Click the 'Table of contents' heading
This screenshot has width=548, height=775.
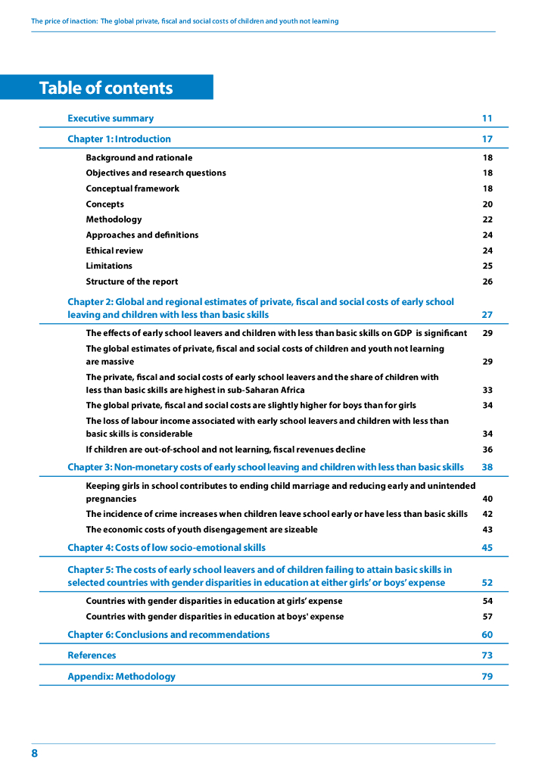click(x=106, y=88)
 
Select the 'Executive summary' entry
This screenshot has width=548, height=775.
click(x=111, y=118)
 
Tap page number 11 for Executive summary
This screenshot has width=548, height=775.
click(x=487, y=118)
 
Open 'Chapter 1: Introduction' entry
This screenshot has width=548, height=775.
click(x=119, y=139)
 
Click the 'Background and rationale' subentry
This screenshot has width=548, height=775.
click(x=139, y=157)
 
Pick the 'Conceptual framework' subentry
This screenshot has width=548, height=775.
click(x=132, y=188)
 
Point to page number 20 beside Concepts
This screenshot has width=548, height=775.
click(x=487, y=204)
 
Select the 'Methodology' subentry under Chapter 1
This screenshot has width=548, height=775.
click(x=114, y=219)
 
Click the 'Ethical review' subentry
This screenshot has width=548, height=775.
click(x=114, y=251)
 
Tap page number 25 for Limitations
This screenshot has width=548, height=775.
click(x=487, y=266)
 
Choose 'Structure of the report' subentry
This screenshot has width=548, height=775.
click(x=132, y=282)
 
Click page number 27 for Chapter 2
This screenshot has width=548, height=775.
click(x=487, y=315)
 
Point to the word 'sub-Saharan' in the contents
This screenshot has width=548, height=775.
click(x=251, y=390)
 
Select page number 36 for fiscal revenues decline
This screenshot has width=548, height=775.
click(x=487, y=449)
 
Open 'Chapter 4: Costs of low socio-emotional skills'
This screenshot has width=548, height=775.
click(x=167, y=547)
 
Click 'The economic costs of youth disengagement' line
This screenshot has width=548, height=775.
click(x=201, y=529)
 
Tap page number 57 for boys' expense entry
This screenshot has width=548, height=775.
click(x=487, y=616)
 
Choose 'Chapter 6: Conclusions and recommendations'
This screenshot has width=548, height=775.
click(x=168, y=634)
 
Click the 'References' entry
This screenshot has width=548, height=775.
click(x=92, y=655)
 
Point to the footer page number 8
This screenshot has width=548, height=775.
click(x=35, y=753)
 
